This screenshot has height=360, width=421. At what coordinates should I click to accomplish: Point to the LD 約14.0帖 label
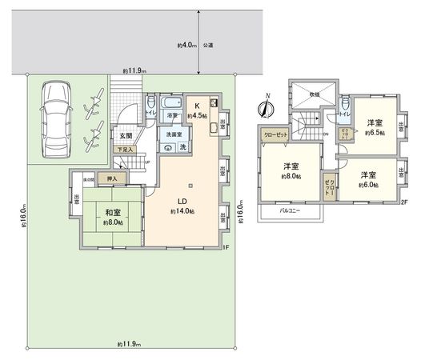pyautogui.click(x=182, y=206)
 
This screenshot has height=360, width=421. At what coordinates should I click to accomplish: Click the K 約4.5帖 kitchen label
pyautogui.click(x=195, y=110)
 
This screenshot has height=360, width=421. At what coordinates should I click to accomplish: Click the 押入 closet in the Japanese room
pyautogui.click(x=113, y=178)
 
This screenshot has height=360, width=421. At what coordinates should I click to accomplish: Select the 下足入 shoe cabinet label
pyautogui.click(x=123, y=150)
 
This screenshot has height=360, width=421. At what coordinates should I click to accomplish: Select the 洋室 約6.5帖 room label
pyautogui.click(x=373, y=127)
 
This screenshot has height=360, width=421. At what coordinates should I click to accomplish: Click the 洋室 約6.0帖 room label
pyautogui.click(x=368, y=178)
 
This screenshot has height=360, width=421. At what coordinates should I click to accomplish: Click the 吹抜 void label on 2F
pyautogui.click(x=315, y=94)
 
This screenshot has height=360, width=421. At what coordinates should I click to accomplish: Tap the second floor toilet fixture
pyautogui.click(x=343, y=105)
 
